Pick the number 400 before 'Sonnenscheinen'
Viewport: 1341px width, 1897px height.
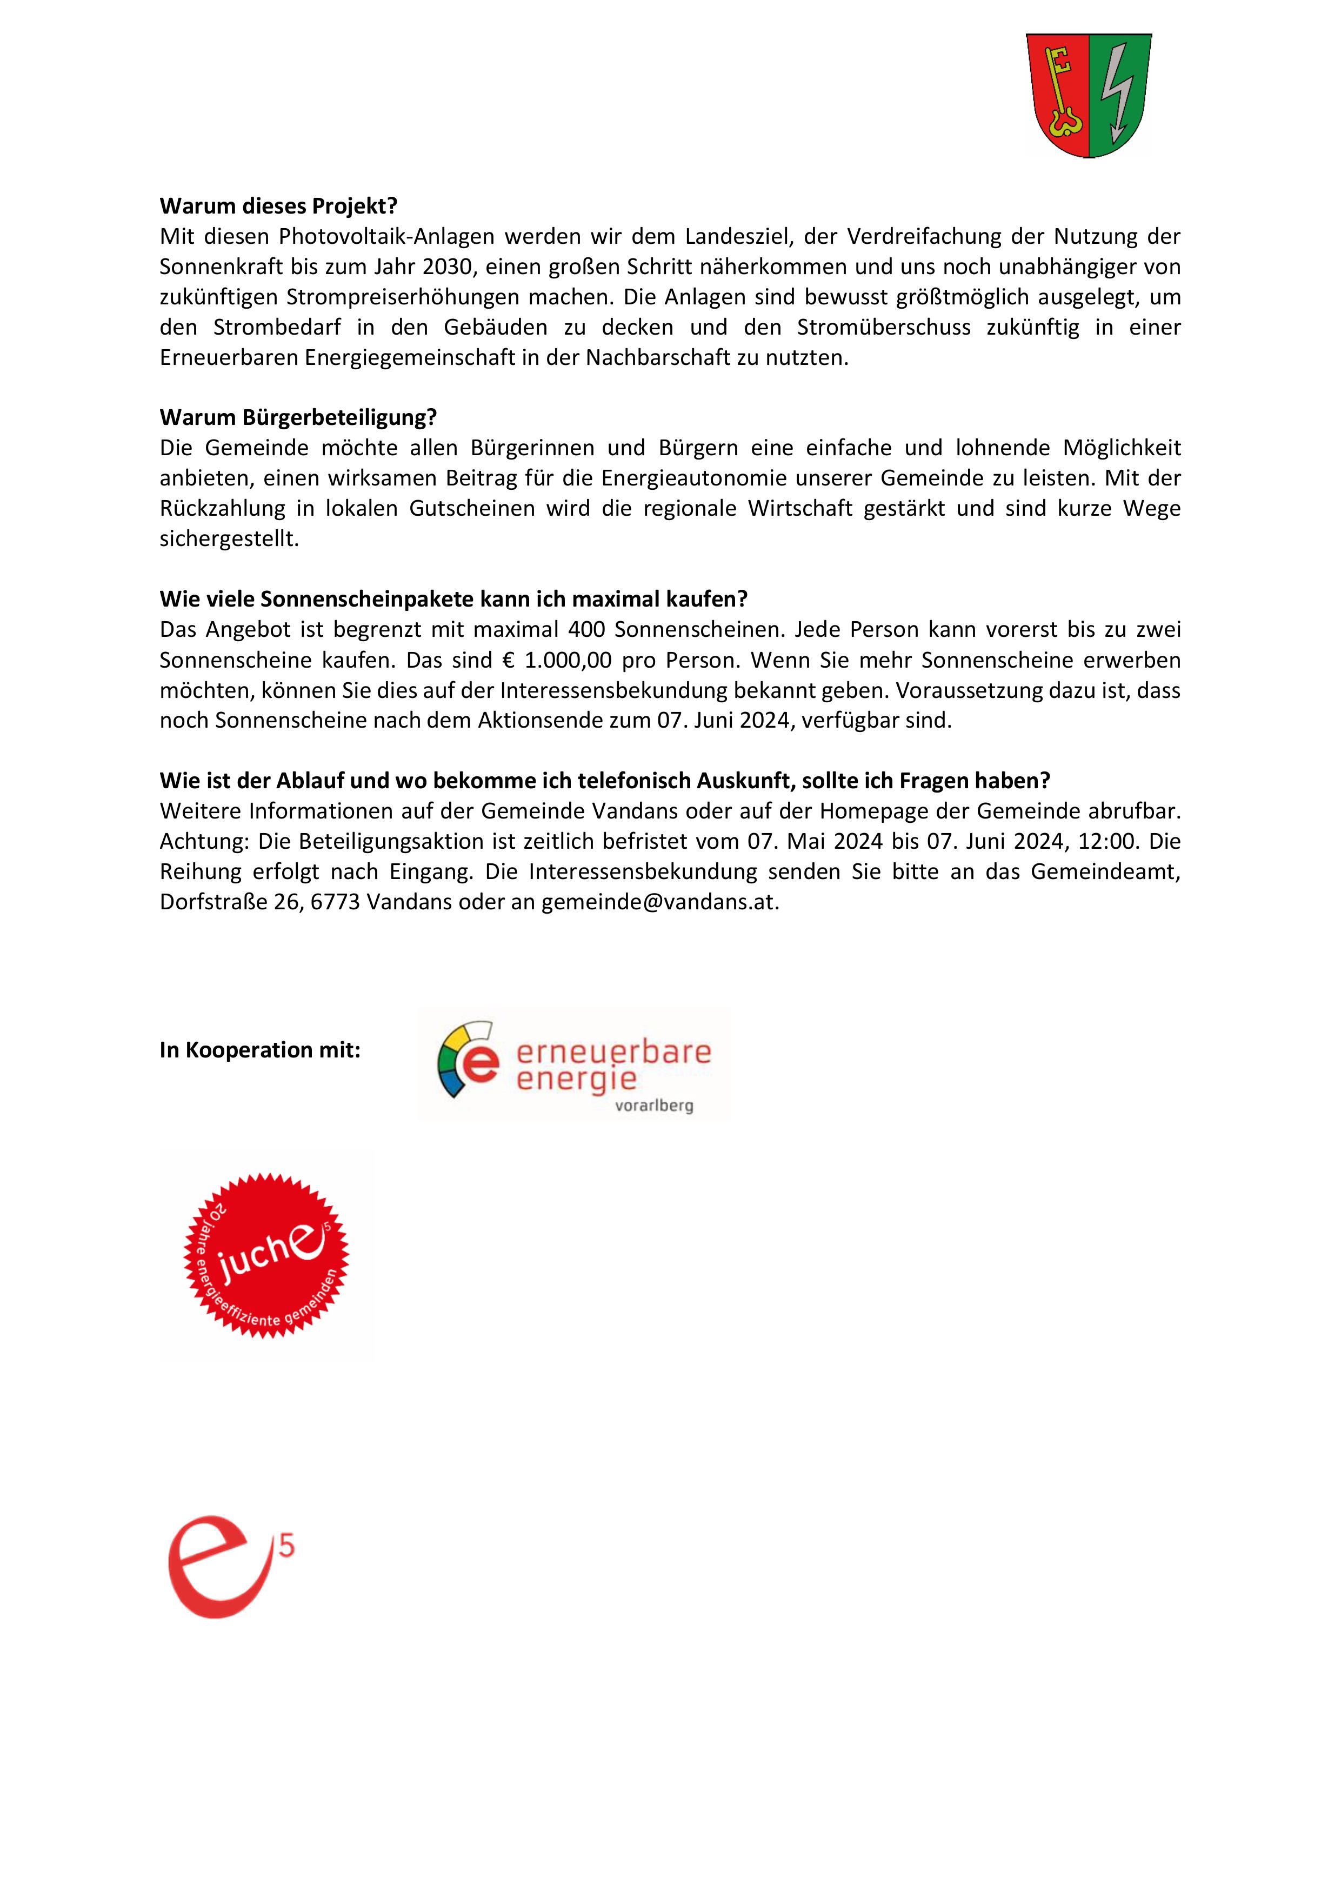[x=586, y=630]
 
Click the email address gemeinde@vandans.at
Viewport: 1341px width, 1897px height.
[x=659, y=902]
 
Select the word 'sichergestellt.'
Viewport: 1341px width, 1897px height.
[x=229, y=538]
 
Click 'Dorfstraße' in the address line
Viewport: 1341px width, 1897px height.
[x=213, y=902]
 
